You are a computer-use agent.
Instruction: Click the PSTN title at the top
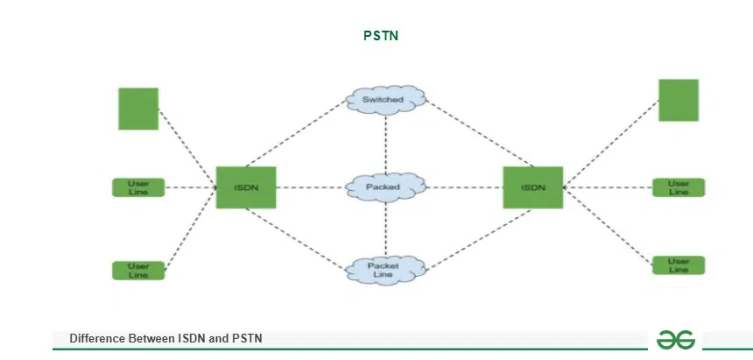(381, 36)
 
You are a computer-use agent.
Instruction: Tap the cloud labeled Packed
(384, 187)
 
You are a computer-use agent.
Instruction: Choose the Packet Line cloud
(384, 269)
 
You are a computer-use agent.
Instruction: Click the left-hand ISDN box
(246, 187)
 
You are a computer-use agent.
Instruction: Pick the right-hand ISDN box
(532, 187)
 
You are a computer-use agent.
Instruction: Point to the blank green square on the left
(138, 109)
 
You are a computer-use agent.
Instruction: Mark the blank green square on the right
(679, 100)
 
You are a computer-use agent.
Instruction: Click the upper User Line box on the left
(138, 187)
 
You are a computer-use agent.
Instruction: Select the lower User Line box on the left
(138, 270)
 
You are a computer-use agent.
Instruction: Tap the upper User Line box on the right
(679, 187)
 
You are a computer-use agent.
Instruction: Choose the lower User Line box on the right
(679, 265)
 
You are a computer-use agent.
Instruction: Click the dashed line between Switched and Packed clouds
(385, 140)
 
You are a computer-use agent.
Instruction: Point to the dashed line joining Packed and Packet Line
(385, 228)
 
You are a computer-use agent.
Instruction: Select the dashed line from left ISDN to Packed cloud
(311, 187)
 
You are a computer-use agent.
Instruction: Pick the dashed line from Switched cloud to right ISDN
(477, 131)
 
